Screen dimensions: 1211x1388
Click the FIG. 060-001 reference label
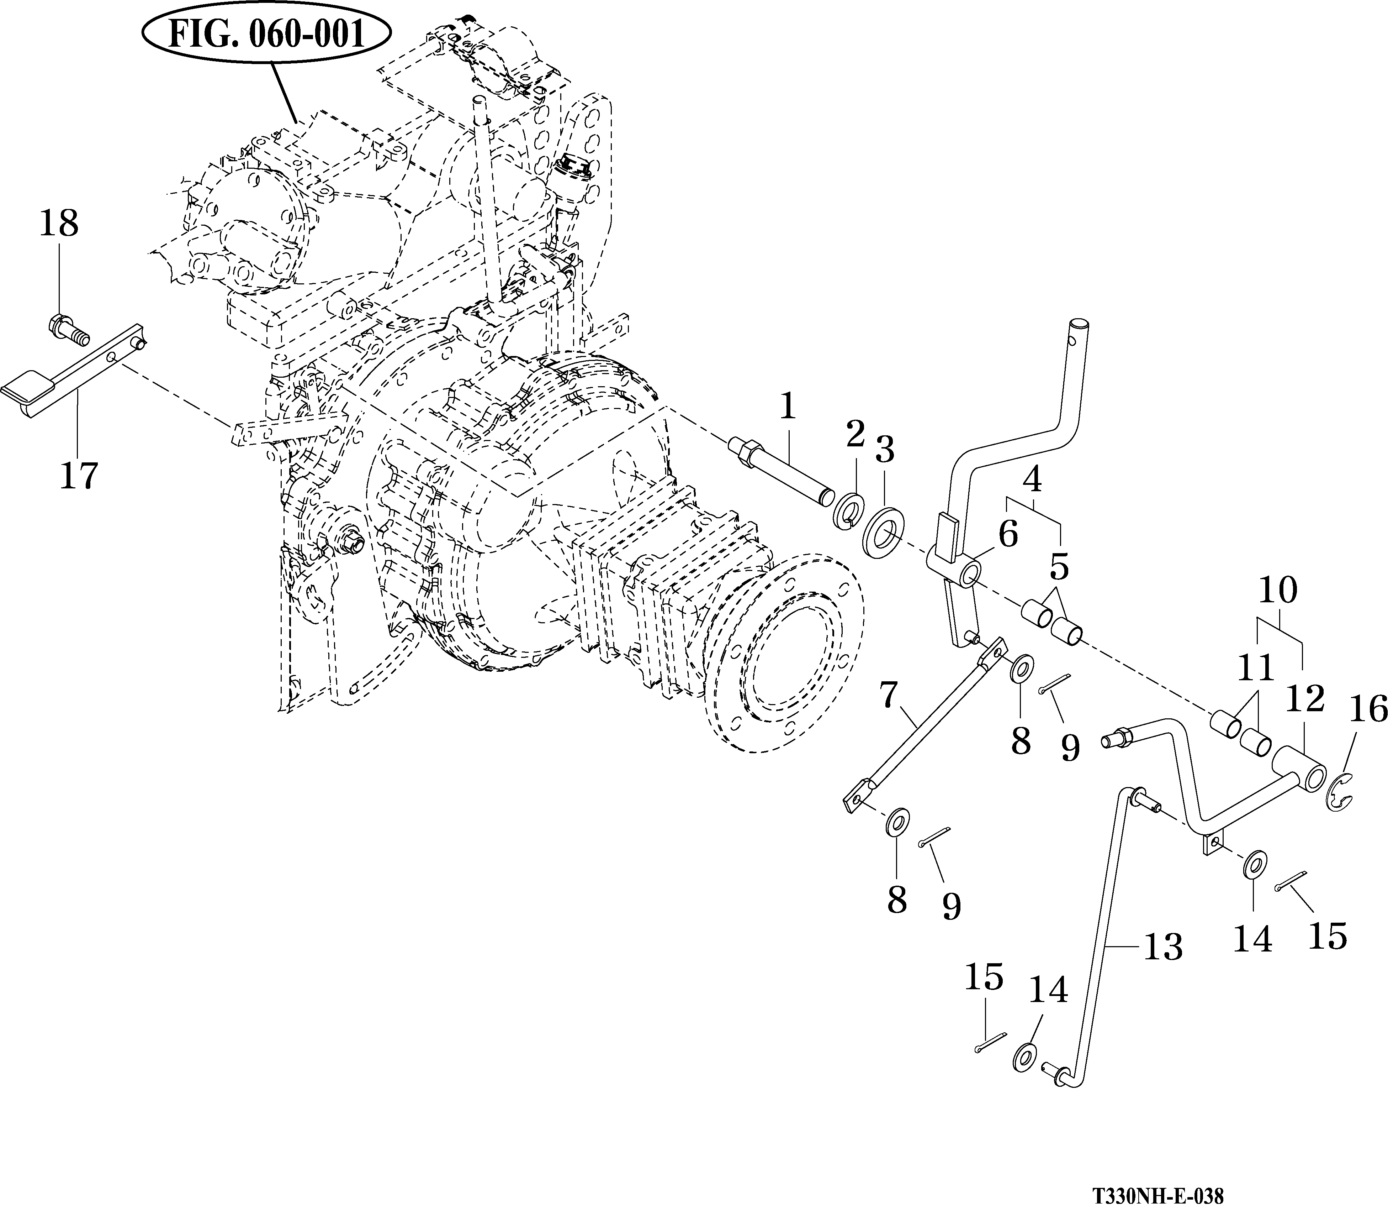click(x=267, y=34)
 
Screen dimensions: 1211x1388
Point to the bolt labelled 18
click(x=68, y=330)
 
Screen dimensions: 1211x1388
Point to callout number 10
click(x=1278, y=590)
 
